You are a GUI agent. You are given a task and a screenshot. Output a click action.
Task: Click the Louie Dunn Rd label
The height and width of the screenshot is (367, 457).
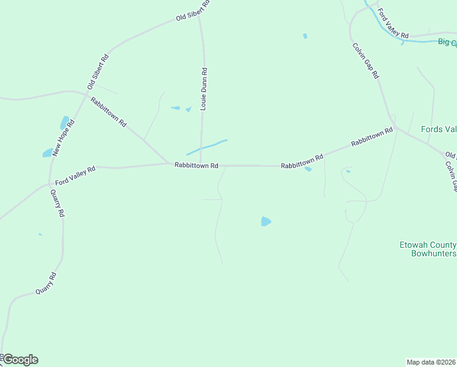(205, 89)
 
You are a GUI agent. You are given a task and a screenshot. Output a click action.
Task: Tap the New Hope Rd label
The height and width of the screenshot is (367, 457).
(63, 138)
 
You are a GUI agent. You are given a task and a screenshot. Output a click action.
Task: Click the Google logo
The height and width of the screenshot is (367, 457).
(20, 360)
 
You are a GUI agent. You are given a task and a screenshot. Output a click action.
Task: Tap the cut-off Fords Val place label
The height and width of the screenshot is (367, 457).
(439, 129)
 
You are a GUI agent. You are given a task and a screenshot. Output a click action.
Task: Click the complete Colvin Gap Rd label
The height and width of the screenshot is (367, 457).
(365, 60)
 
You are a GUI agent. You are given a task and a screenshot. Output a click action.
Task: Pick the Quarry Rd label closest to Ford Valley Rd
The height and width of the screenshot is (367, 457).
(57, 204)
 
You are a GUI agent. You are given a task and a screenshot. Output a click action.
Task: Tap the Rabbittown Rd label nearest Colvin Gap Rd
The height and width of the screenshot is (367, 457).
(371, 138)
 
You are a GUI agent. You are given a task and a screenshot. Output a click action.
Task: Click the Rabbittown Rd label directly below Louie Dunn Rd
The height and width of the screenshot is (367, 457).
(196, 165)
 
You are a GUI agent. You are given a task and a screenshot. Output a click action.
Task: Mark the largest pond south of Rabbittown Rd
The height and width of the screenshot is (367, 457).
(266, 221)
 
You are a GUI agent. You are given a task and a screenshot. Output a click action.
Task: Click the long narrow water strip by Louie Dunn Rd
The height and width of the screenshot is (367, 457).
(207, 147)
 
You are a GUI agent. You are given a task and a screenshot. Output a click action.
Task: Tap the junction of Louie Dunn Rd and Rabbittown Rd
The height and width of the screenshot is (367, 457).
(201, 165)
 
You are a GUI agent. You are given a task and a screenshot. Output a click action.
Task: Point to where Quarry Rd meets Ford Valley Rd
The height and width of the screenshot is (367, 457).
(49, 183)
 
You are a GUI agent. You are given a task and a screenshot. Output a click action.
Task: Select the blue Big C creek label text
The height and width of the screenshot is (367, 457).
(447, 42)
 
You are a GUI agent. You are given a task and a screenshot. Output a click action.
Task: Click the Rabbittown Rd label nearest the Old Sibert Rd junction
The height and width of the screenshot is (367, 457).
(108, 112)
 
